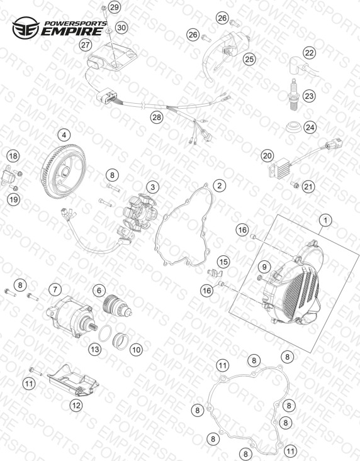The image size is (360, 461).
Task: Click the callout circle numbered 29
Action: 115,7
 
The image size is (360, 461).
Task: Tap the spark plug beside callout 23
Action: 293,95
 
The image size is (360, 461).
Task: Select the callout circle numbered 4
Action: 64,135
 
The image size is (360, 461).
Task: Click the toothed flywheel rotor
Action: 63,172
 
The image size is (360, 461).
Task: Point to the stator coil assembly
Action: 139,214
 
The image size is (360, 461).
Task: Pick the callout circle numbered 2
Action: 220,186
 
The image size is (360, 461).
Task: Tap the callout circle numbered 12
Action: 76,406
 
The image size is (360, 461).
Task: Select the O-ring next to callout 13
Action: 105,333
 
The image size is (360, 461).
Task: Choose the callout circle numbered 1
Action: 325,220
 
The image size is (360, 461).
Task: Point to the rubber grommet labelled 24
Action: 293,127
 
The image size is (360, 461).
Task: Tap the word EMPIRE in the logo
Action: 71,31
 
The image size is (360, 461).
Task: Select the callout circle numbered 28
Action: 157,117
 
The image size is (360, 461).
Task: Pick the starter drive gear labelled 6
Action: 117,306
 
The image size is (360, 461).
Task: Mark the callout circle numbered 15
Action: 223,262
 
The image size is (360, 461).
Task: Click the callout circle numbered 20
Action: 267,155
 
